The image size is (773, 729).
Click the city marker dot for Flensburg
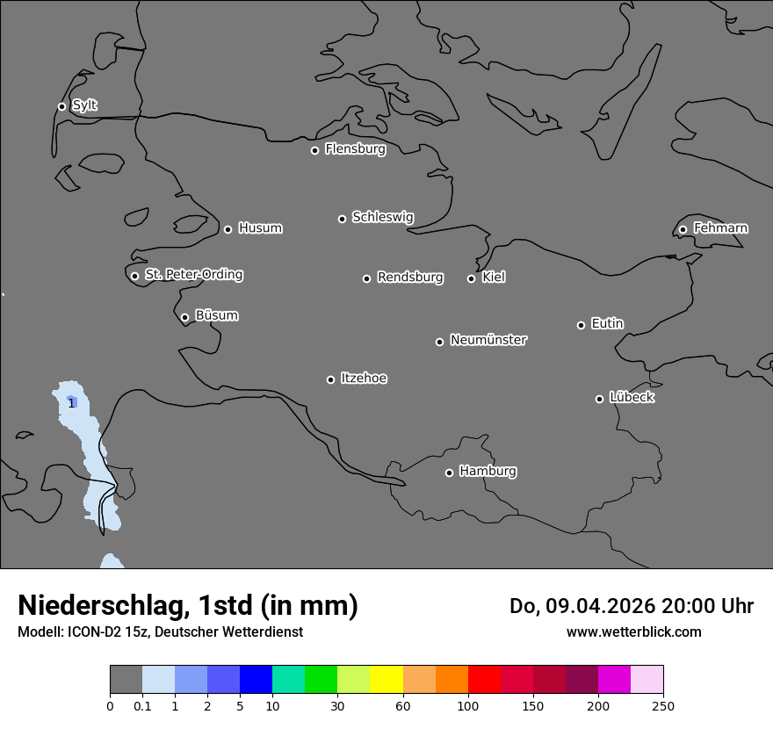[314, 150]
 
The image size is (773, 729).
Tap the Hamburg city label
[488, 471]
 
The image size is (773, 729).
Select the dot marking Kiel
[471, 278]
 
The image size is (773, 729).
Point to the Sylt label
[84, 105]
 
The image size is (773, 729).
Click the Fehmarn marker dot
[683, 229]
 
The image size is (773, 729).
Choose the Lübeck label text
[632, 397]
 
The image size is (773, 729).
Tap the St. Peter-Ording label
[193, 274]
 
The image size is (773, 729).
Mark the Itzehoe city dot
[330, 379]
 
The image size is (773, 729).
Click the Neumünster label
[488, 339]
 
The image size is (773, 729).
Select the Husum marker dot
[228, 229]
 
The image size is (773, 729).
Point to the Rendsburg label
[410, 277]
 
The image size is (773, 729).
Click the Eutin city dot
[581, 325]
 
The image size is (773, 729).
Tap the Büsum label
[217, 315]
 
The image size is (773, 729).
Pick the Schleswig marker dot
[342, 219]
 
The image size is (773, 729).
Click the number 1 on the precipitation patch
[71, 403]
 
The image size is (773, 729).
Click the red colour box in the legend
[484, 680]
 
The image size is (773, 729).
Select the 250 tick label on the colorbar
[663, 705]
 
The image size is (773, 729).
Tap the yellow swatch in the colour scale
[386, 680]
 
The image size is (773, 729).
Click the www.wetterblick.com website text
[633, 632]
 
